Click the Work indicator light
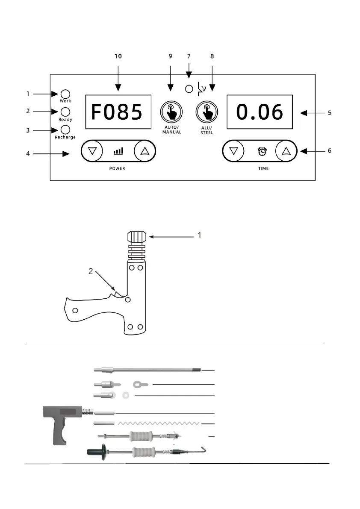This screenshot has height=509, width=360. [65, 94]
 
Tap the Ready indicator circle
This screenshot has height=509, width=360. [65, 112]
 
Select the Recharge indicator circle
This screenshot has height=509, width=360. [65, 129]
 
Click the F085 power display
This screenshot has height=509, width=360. [118, 112]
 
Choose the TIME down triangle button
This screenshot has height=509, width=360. [233, 151]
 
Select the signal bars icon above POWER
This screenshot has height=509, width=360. [118, 151]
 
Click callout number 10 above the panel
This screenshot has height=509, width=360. [118, 56]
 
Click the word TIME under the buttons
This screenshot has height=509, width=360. [263, 168]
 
